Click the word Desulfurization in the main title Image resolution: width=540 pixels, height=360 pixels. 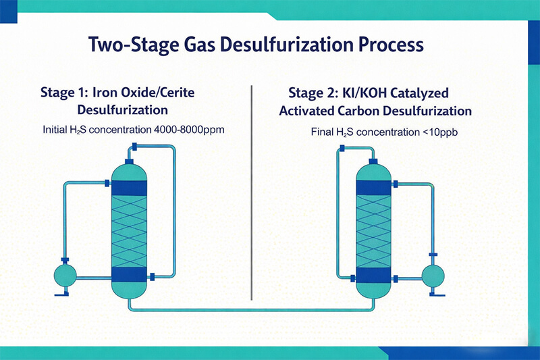point(283,45)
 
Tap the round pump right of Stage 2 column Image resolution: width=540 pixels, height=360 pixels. point(433,274)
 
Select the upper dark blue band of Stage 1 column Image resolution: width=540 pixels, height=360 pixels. point(129,187)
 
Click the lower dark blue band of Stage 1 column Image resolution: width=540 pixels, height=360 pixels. point(129,274)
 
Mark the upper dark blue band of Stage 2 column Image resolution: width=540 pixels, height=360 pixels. point(373,187)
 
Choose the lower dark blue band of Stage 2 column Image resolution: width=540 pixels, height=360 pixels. point(373,275)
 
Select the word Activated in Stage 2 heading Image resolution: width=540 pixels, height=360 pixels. point(305,111)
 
